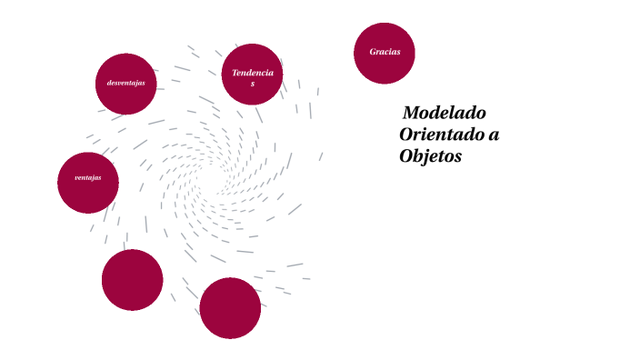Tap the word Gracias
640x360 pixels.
pyautogui.click(x=385, y=52)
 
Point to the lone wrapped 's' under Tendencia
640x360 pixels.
pyautogui.click(x=253, y=84)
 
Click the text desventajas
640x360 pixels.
pyautogui.click(x=125, y=84)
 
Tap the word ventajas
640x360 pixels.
pyautogui.click(x=87, y=177)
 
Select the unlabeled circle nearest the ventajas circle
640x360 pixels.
pyautogui.click(x=132, y=280)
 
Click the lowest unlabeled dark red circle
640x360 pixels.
pyautogui.click(x=230, y=308)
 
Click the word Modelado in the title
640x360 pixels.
pyautogui.click(x=445, y=115)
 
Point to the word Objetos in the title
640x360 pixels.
pyautogui.click(x=431, y=156)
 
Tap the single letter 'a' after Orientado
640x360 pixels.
pyautogui.click(x=494, y=135)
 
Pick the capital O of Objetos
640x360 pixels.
pyautogui.click(x=406, y=156)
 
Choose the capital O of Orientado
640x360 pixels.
pyautogui.click(x=406, y=135)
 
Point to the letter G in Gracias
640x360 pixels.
pyautogui.click(x=373, y=52)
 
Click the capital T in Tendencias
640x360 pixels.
pyautogui.click(x=235, y=73)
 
